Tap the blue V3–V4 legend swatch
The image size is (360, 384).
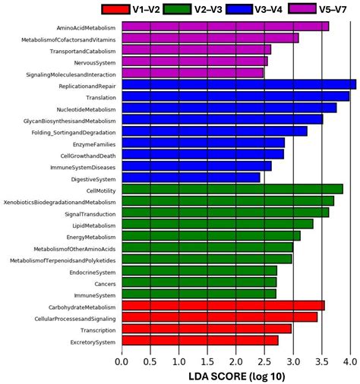click(x=251, y=9)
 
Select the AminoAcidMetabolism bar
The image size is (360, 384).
click(x=225, y=26)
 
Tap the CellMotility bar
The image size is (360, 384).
click(x=232, y=189)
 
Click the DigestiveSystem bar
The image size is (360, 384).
click(x=191, y=178)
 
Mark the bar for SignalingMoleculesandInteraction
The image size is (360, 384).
click(x=192, y=73)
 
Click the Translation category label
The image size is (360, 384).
click(x=102, y=96)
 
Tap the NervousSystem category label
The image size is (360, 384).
click(x=96, y=61)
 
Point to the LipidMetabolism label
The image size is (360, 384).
click(x=94, y=225)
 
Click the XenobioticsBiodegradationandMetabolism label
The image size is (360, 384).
click(x=60, y=201)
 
